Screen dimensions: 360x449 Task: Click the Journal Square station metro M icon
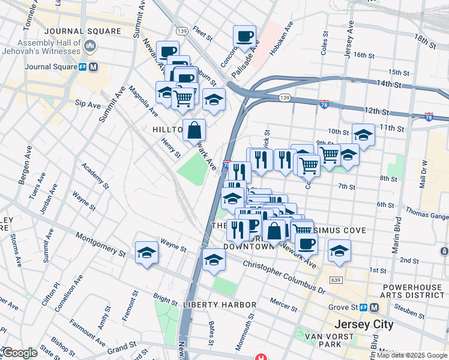[93, 67]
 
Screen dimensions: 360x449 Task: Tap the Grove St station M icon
[374, 307]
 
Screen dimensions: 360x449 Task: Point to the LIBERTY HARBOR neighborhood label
[220, 305]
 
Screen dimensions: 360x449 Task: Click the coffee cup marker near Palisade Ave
[244, 36]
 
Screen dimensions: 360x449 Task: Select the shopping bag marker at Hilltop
[194, 130]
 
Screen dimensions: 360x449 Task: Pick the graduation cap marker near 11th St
[363, 134]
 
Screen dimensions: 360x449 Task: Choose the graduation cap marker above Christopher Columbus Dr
[214, 260]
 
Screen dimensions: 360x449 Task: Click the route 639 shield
[337, 280]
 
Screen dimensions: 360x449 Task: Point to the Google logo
[19, 353]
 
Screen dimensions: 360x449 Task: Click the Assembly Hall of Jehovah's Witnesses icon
[90, 46]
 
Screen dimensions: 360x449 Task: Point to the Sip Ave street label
[88, 104]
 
